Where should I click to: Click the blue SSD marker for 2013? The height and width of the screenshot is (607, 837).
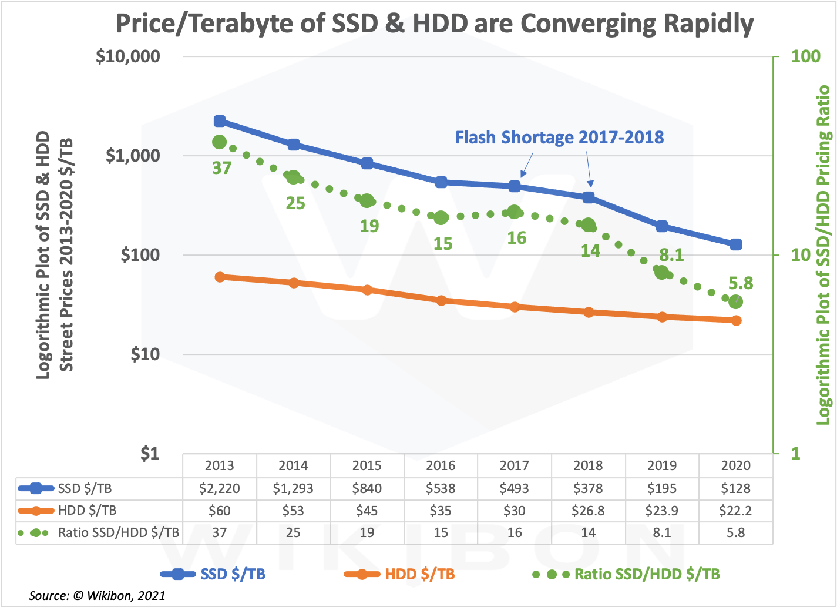tap(220, 121)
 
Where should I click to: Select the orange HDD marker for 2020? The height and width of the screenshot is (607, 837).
tap(736, 320)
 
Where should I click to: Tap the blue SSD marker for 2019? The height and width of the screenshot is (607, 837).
tap(662, 226)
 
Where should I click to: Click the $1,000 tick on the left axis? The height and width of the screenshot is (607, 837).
tap(133, 156)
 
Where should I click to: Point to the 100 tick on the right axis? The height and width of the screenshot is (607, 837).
tap(805, 56)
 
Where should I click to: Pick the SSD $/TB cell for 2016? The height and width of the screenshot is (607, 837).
tap(441, 488)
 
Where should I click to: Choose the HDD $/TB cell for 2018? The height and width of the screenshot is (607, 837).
tap(588, 511)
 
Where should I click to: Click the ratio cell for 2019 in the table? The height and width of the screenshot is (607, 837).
tap(662, 533)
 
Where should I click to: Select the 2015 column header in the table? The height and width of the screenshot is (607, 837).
tap(367, 465)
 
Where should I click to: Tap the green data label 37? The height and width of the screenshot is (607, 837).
tap(221, 169)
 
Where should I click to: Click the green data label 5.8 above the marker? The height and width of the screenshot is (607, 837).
tap(740, 283)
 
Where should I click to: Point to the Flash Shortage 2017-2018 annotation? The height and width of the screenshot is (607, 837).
tap(559, 138)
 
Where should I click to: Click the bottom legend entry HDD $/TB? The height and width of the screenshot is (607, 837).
tap(419, 574)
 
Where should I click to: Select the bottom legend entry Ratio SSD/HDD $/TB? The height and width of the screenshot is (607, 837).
tap(646, 574)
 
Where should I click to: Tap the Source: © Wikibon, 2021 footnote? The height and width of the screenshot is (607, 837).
tap(97, 595)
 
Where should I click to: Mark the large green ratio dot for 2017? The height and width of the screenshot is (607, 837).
tap(515, 212)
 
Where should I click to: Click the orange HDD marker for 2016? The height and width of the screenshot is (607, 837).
tap(441, 300)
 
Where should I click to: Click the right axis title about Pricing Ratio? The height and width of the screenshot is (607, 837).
tap(823, 255)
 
